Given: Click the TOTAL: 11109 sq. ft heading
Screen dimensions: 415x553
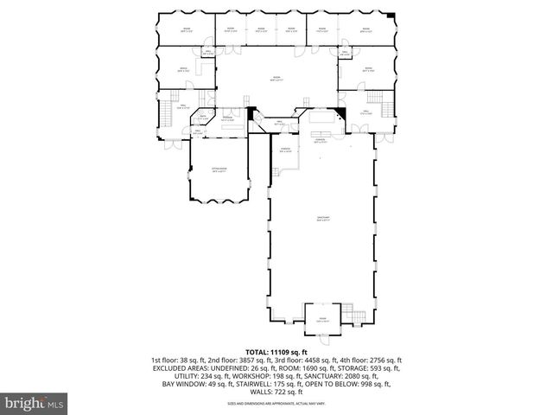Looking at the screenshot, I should coord(276,351).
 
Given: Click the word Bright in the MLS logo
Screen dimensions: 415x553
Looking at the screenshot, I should coord(25,402).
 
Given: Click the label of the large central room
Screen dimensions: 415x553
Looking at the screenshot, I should coord(276,79).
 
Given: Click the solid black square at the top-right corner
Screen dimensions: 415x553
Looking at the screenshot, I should coord(392,16).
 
